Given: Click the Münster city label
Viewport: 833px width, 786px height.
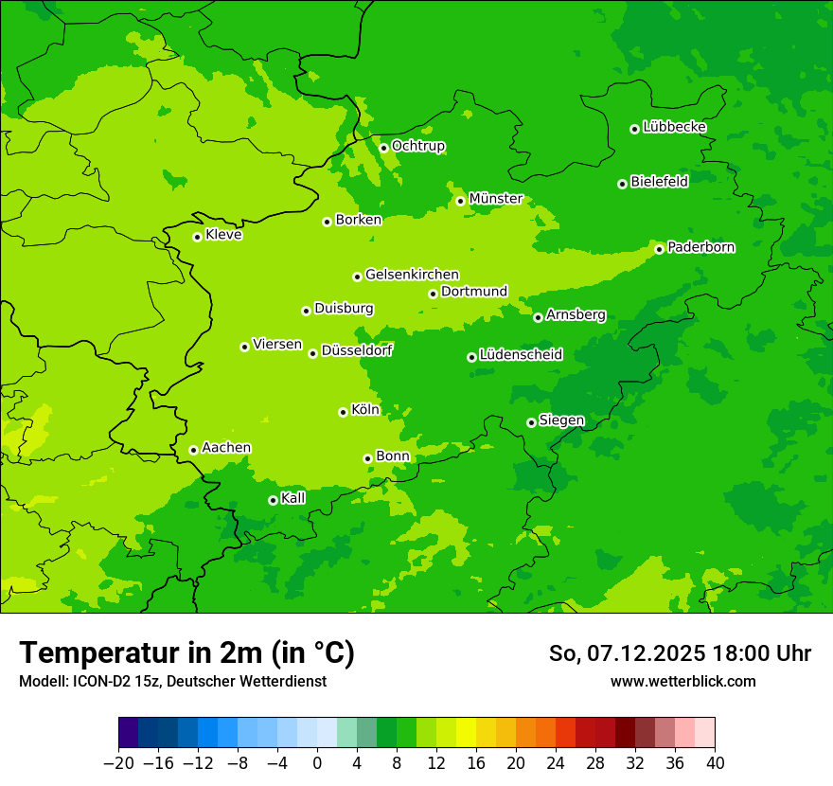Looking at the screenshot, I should (x=496, y=199).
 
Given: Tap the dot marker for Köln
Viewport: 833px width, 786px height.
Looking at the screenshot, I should (x=343, y=412).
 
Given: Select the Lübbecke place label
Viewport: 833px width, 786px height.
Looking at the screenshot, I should (x=674, y=127).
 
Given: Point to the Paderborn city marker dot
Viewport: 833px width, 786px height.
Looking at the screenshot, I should (x=659, y=249).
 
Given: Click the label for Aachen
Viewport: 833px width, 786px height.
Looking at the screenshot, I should (x=226, y=448).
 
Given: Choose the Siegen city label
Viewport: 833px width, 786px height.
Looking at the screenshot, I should (x=561, y=420).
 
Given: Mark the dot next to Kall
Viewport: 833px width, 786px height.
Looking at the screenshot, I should (x=273, y=500).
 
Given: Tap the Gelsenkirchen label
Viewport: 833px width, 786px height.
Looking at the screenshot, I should (x=412, y=275).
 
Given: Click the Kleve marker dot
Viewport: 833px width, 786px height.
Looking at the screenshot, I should (x=197, y=237).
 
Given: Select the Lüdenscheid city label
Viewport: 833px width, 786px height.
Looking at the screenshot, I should (x=521, y=355).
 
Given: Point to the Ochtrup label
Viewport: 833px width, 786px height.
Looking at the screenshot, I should (x=418, y=146).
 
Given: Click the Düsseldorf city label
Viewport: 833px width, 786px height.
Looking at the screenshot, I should (x=357, y=350).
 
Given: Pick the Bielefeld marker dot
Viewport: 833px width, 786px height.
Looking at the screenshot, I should (x=622, y=184).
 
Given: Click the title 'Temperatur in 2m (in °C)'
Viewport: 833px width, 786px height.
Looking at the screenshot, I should (x=186, y=652).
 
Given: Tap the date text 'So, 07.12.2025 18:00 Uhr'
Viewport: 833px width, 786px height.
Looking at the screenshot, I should (x=680, y=653).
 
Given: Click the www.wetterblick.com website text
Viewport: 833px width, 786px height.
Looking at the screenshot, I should (x=682, y=681).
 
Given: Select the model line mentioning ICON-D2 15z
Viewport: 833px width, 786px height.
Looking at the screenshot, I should (x=172, y=681).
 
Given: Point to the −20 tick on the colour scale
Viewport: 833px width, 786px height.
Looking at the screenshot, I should (x=118, y=763).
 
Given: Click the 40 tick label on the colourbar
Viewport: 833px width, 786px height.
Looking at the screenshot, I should (x=715, y=763).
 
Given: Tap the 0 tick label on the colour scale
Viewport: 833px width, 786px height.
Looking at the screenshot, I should (x=317, y=763).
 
